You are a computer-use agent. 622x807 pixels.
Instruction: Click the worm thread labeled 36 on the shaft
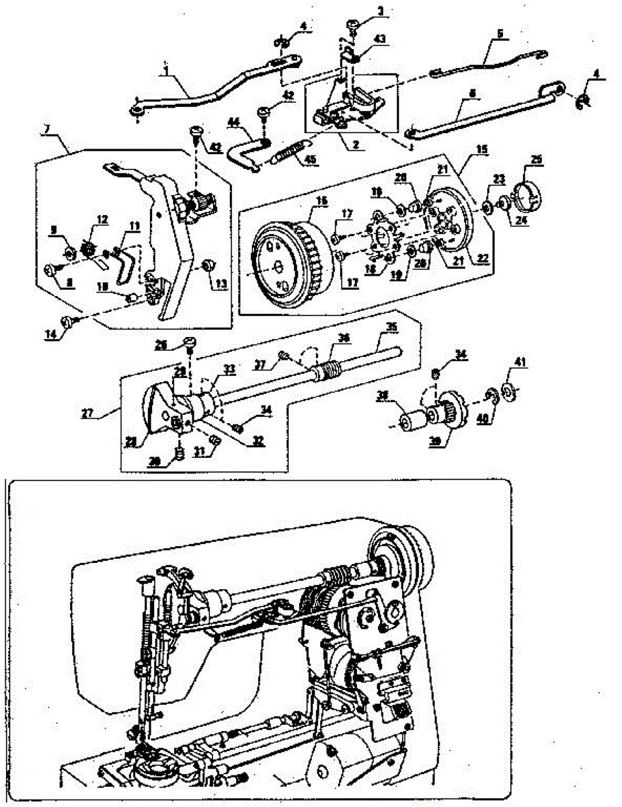(330, 369)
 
